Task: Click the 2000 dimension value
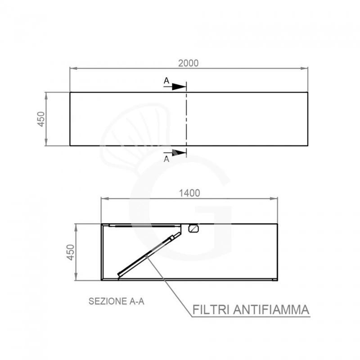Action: pyautogui.click(x=188, y=63)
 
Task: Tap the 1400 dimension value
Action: pyautogui.click(x=189, y=193)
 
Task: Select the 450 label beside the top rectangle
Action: pyautogui.click(x=41, y=119)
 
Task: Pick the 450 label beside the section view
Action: pyautogui.click(x=71, y=252)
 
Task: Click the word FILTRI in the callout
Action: pyautogui.click(x=211, y=310)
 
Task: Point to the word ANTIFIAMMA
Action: pyautogui.click(x=271, y=310)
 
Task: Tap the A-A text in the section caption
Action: pyautogui.click(x=137, y=301)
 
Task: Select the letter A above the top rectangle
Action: pyautogui.click(x=166, y=81)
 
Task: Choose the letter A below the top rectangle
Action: pyautogui.click(x=166, y=159)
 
